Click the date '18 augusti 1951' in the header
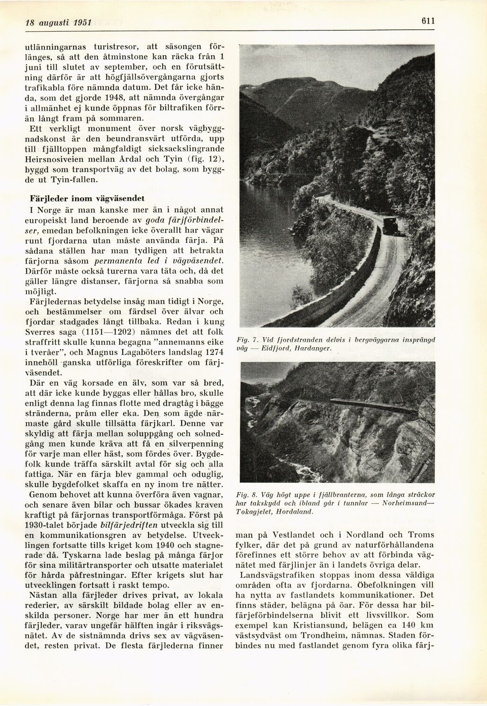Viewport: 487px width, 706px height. tap(52, 22)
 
